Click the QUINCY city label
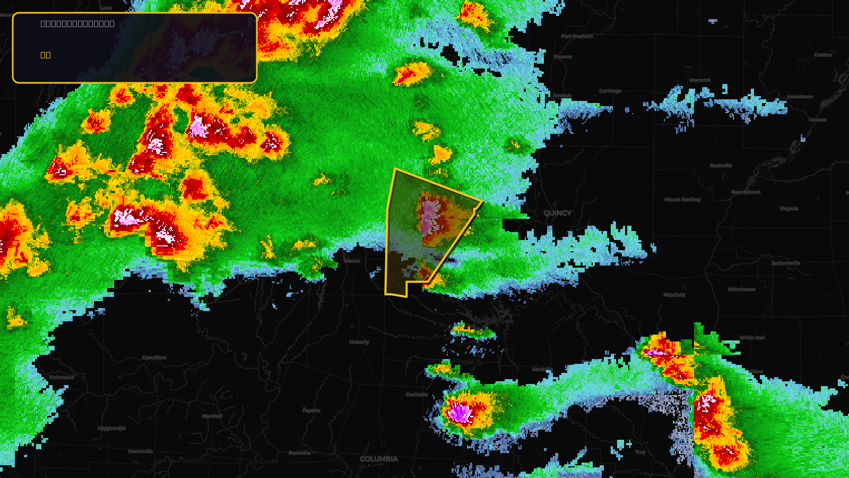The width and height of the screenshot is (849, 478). (x=557, y=213)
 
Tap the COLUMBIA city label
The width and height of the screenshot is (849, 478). (x=378, y=459)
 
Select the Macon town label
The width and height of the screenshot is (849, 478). (x=352, y=261)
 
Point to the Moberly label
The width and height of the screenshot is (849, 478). (x=359, y=342)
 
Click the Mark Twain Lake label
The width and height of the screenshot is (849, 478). (x=493, y=321)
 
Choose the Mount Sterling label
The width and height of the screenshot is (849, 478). (x=682, y=200)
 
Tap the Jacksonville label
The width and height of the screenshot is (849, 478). (x=785, y=263)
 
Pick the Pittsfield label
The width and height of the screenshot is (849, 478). (x=674, y=295)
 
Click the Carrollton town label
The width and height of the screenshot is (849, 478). (x=154, y=357)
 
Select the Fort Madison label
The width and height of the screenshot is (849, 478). (x=577, y=36)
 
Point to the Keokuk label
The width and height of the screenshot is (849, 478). (x=562, y=96)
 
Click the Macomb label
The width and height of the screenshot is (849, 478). (x=700, y=80)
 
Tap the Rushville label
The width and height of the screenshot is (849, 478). (x=721, y=166)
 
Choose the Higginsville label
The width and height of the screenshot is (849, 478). (x=111, y=428)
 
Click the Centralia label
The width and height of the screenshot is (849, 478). (x=417, y=394)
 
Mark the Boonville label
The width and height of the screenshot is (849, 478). (x=300, y=453)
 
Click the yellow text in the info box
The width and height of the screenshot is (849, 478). (x=46, y=55)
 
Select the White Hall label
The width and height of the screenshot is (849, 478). (x=752, y=338)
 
